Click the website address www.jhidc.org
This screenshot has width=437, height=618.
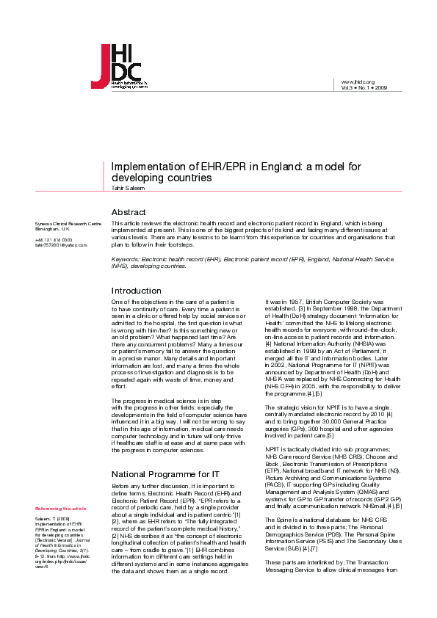click(x=358, y=81)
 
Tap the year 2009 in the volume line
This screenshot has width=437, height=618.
click(x=380, y=87)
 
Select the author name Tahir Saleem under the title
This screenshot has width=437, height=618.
click(x=124, y=188)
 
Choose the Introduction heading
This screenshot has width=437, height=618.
click(x=136, y=291)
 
